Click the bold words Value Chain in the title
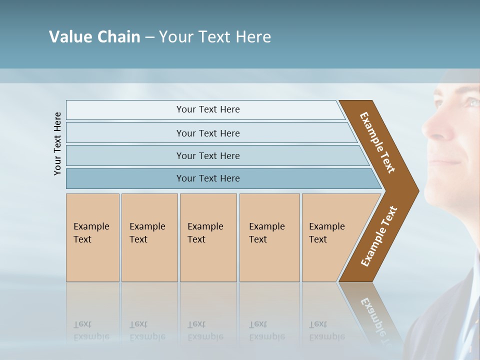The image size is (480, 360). tap(94, 37)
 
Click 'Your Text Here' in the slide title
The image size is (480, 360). tap(215, 37)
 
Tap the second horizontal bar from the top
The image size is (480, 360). tap(207, 133)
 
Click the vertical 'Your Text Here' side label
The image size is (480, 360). tap(57, 143)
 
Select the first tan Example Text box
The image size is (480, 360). tap(92, 237)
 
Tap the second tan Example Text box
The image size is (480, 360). tap(149, 237)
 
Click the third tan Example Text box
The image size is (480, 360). tap(208, 237)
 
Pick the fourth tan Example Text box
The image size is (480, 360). tap(269, 237)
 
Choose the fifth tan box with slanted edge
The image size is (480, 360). tap(330, 237)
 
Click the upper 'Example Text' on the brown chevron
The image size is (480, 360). tap(377, 142)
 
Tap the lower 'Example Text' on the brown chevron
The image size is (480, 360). tap(378, 236)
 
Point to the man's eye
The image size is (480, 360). tap(472, 102)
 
